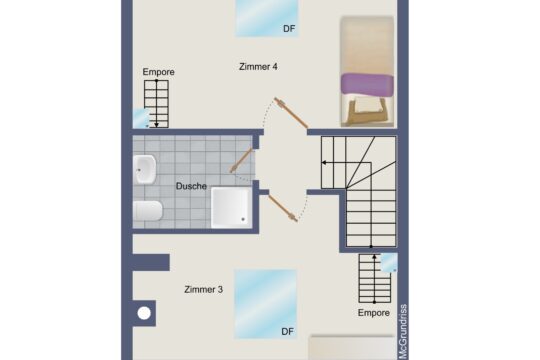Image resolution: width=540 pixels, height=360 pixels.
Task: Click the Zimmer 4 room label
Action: [x=258, y=67]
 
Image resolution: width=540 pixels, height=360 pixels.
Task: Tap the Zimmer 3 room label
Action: [x=203, y=290]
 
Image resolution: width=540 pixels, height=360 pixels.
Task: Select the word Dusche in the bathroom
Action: [x=191, y=186]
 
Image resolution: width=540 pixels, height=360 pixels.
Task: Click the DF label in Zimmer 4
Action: [x=290, y=30]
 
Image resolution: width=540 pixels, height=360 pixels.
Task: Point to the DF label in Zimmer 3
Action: [x=288, y=331]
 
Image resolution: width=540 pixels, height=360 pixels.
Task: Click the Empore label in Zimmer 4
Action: [x=158, y=73]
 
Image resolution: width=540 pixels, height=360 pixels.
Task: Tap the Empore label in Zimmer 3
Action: [x=374, y=313]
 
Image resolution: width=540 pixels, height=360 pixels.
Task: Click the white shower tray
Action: [x=232, y=206]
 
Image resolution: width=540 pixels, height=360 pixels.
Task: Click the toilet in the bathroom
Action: [x=147, y=211]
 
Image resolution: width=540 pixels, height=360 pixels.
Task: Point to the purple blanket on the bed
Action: [x=366, y=83]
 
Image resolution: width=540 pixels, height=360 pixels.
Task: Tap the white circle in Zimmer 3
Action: [x=144, y=314]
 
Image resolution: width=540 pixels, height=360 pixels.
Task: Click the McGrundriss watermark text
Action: [x=403, y=331]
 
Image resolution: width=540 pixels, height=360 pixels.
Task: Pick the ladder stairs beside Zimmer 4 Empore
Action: [x=158, y=102]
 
